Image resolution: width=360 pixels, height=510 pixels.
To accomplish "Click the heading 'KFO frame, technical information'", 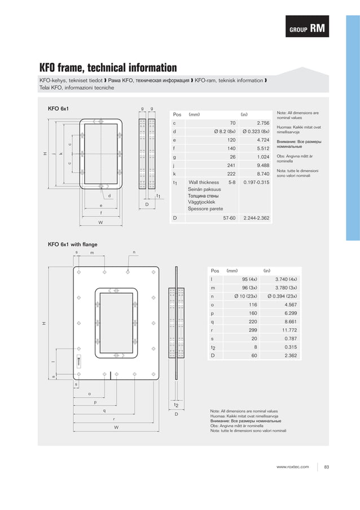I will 107,68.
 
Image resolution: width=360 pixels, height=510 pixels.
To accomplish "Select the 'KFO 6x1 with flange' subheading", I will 73,244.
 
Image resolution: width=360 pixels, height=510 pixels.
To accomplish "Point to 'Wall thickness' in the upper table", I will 204,182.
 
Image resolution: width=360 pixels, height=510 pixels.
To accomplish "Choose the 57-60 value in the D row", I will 229,217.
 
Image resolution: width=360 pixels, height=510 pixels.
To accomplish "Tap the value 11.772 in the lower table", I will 293,331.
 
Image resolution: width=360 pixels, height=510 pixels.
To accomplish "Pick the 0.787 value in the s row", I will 294,339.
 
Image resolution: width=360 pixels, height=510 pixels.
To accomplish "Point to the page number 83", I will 327,467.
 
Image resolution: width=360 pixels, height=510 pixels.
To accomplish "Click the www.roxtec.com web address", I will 292,467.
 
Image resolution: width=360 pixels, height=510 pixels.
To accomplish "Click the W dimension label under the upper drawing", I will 100,222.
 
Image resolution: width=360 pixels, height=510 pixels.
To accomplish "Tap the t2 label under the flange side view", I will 176,405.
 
